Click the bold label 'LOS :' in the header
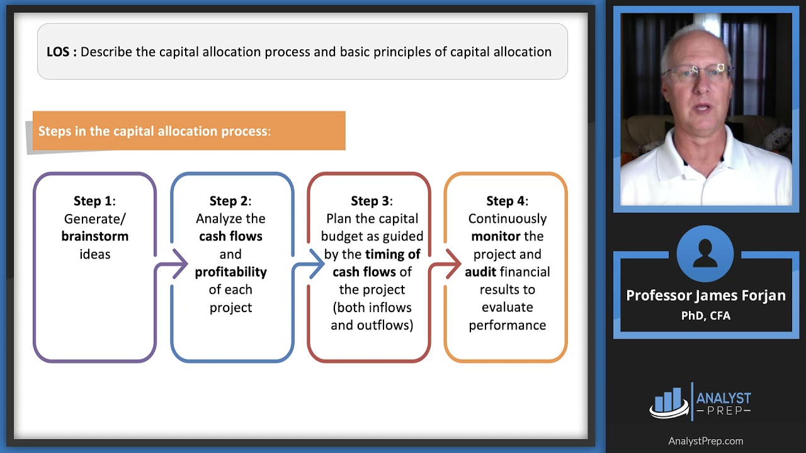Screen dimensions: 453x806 coord(61,52)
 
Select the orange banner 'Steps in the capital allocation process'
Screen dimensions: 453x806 coord(188,131)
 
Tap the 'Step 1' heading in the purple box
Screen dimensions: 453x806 coord(94,201)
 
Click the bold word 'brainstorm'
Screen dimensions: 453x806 coord(94,237)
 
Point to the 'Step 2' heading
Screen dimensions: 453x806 coord(230,201)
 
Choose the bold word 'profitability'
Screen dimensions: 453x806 coord(230,272)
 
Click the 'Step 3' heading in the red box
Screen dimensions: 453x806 coord(372,201)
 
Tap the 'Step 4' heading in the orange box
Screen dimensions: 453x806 coord(507,201)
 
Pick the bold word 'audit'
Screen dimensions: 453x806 coord(480,272)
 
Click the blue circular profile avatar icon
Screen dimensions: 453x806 coord(705,254)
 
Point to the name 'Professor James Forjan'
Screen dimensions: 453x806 coord(705,296)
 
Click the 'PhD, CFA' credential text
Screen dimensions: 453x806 coord(705,315)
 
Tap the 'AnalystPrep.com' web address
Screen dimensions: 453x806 coord(705,441)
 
